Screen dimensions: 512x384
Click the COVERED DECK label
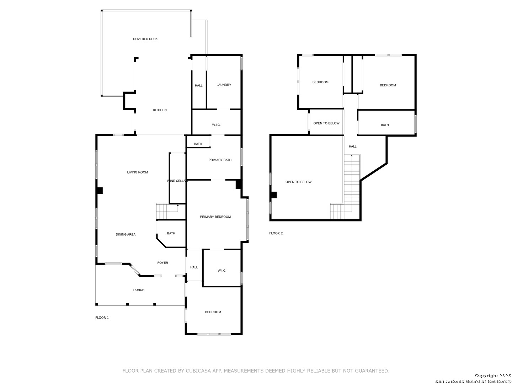point(145,39)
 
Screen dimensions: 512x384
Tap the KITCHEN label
point(160,110)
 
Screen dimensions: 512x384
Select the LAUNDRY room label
point(224,85)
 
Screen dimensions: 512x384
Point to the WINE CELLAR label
point(177,181)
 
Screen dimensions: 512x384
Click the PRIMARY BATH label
point(220,160)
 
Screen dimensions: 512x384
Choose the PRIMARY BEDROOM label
point(215,217)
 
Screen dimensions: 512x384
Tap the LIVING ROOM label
point(137,172)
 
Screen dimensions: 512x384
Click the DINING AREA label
point(126,235)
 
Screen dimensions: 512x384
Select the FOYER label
point(162,263)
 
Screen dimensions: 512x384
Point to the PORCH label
point(139,290)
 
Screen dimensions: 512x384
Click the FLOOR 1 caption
point(102,318)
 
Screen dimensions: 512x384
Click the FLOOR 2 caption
point(276,233)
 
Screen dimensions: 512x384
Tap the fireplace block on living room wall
point(100,191)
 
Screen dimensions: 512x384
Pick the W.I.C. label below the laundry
point(216,125)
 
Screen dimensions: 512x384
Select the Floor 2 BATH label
point(385,125)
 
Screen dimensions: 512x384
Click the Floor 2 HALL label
point(352,146)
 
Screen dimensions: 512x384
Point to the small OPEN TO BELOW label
point(326,123)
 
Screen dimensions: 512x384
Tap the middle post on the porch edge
point(127,304)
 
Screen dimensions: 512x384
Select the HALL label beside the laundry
point(198,86)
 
